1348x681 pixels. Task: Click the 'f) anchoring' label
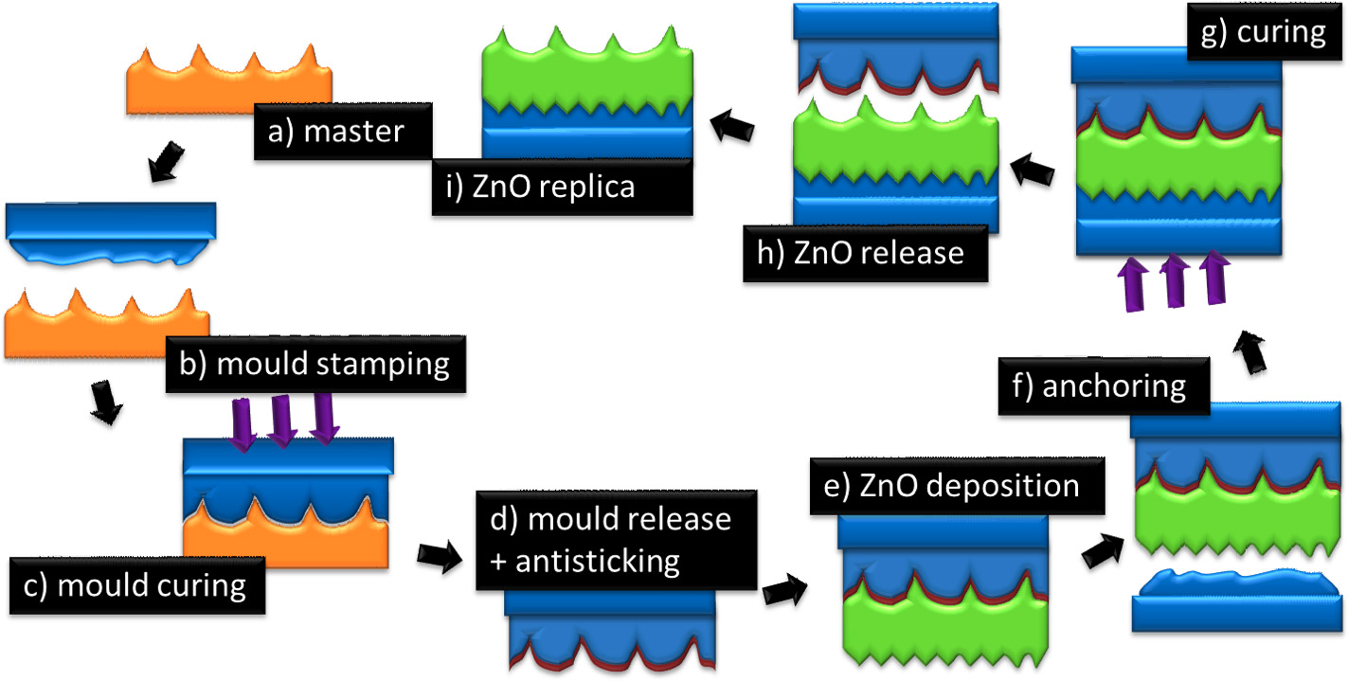(1105, 386)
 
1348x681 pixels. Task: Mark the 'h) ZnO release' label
(868, 253)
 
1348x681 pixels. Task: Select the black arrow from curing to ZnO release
(1033, 171)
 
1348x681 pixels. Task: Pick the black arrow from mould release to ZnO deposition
(785, 592)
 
